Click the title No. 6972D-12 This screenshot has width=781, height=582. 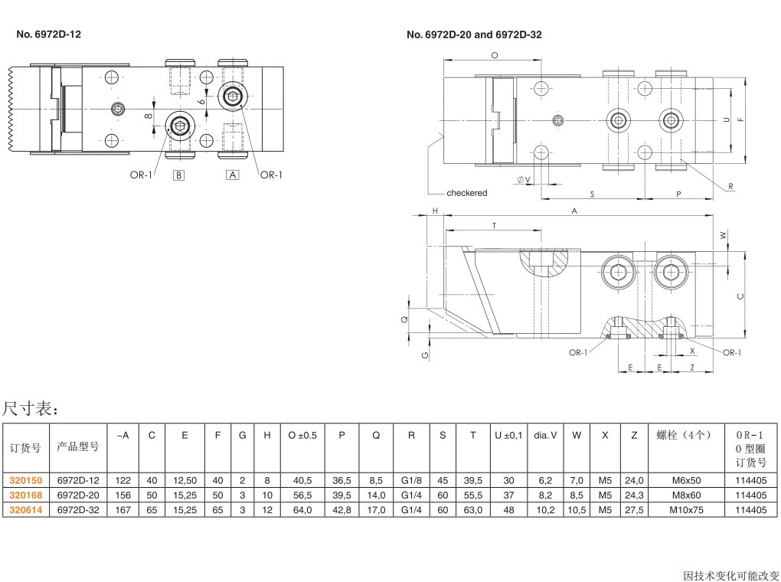point(48,34)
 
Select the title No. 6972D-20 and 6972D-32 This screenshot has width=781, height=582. point(474,34)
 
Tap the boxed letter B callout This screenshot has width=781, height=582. point(178,175)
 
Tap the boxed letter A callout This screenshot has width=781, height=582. point(232,175)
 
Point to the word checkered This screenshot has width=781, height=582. point(466,193)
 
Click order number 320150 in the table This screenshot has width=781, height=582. point(25,480)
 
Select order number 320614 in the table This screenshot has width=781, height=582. point(25,509)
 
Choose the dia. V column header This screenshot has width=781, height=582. point(545,436)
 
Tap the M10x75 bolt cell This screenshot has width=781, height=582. point(685,509)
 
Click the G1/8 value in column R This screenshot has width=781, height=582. point(411,480)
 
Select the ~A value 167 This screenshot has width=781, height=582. point(123,509)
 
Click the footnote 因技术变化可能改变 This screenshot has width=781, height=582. point(730,574)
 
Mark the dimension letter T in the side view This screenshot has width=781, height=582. point(495,226)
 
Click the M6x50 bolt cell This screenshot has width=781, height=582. point(685,480)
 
